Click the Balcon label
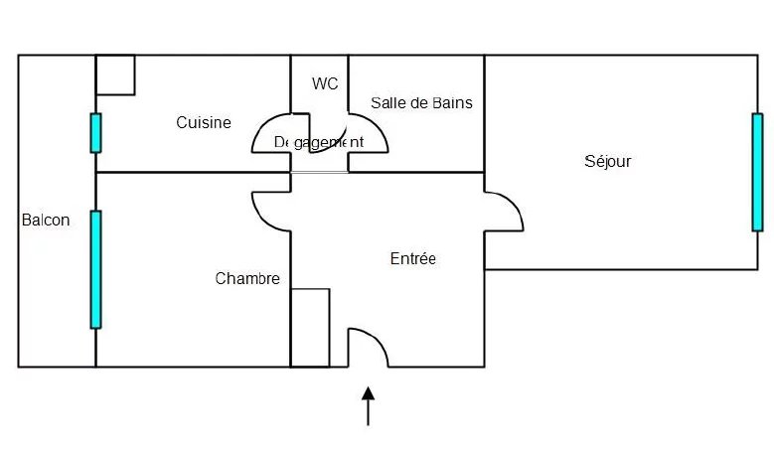pyautogui.click(x=46, y=221)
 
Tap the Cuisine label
pyautogui.click(x=204, y=123)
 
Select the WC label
pyautogui.click(x=325, y=83)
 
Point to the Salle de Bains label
pyautogui.click(x=421, y=102)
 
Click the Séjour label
pyautogui.click(x=607, y=161)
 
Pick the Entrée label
pyautogui.click(x=413, y=258)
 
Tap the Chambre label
pyautogui.click(x=247, y=279)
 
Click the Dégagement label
pyautogui.click(x=318, y=142)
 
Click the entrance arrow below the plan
pyautogui.click(x=369, y=406)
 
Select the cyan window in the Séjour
pyautogui.click(x=757, y=172)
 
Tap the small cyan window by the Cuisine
pyautogui.click(x=95, y=133)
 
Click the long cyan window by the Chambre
pyautogui.click(x=95, y=268)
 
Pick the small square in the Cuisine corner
pyautogui.click(x=115, y=75)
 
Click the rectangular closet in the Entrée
pyautogui.click(x=310, y=327)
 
